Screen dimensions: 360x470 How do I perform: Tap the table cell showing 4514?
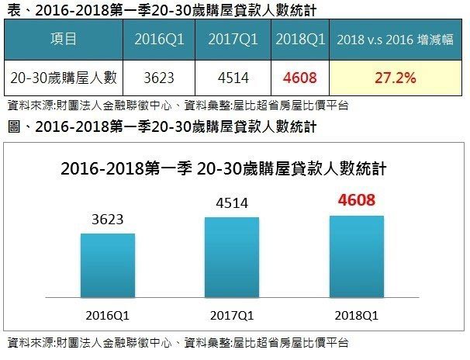tap(230, 78)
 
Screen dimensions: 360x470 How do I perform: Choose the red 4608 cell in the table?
tap(299, 78)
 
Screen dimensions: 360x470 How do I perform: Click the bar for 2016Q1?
tap(107, 265)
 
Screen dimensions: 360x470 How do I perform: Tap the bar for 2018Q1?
tap(356, 255)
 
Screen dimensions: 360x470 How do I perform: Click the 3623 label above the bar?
tap(107, 220)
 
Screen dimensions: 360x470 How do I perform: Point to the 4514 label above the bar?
tap(231, 204)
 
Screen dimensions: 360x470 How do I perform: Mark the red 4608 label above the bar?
tap(356, 201)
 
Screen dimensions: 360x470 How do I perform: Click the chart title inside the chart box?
tap(223, 168)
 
